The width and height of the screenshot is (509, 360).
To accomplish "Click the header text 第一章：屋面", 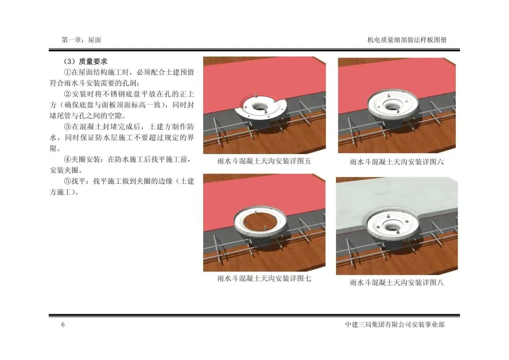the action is pyautogui.click(x=81, y=40).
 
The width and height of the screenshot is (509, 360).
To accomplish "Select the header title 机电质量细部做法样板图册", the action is pyautogui.click(x=407, y=40).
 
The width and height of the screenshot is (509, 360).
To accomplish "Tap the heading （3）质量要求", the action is pyautogui.click(x=85, y=61).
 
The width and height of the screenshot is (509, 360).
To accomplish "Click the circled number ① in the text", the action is pyautogui.click(x=67, y=72).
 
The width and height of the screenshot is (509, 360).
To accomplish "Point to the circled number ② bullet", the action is pyautogui.click(x=67, y=94).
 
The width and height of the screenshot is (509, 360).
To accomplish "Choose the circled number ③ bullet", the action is pyautogui.click(x=67, y=127).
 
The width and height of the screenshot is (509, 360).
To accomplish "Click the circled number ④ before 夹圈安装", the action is pyautogui.click(x=67, y=159).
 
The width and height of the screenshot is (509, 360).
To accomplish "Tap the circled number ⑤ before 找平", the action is pyautogui.click(x=67, y=181).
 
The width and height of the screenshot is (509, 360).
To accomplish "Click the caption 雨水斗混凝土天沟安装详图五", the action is pyautogui.click(x=264, y=161).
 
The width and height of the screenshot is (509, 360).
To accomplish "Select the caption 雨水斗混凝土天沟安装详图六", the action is pyautogui.click(x=397, y=162).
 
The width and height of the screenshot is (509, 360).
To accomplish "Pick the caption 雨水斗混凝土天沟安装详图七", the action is pyautogui.click(x=264, y=278).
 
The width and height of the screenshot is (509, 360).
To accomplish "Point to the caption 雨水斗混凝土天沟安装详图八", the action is pyautogui.click(x=397, y=282).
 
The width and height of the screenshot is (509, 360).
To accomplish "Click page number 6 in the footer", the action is pyautogui.click(x=63, y=324).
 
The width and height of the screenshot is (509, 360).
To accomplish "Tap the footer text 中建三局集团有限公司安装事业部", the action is pyautogui.click(x=395, y=324).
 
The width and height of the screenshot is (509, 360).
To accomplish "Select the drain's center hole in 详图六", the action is pyautogui.click(x=393, y=105).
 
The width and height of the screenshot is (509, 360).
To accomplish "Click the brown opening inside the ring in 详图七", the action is pyautogui.click(x=260, y=223).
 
